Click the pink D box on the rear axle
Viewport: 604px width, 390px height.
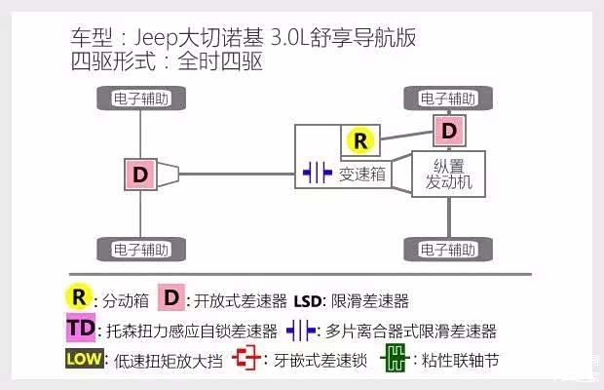click(141, 175)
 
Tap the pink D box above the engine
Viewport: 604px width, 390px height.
click(448, 129)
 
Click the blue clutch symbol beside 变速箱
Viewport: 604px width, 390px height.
click(318, 175)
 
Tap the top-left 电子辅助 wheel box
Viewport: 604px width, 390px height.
click(141, 98)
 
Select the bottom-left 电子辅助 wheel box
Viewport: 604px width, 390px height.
click(141, 248)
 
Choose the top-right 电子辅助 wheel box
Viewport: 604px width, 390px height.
click(448, 98)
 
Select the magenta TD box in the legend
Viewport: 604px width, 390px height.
click(82, 330)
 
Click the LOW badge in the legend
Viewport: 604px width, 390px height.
click(85, 360)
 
